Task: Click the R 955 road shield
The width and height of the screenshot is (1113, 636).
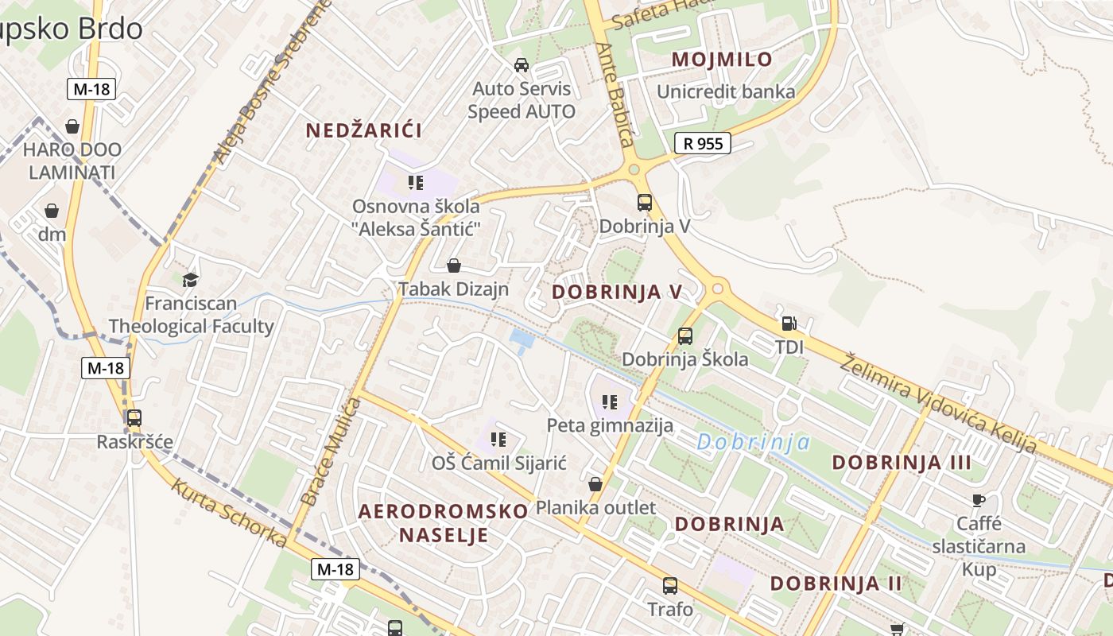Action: [703, 144]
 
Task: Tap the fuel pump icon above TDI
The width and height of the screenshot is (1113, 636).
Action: [789, 324]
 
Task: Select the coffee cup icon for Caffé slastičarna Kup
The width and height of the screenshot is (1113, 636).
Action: [979, 500]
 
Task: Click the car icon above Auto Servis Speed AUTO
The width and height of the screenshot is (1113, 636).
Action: [522, 65]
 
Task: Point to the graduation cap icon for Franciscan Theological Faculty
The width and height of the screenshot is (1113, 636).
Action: [190, 279]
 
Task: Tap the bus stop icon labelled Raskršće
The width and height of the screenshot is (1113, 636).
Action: [134, 417]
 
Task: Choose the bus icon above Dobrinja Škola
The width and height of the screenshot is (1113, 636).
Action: [685, 335]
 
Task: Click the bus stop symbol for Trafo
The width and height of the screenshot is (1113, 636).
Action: [670, 586]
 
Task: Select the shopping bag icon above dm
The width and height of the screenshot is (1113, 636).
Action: [52, 211]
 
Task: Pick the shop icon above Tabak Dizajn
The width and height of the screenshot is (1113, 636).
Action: [454, 266]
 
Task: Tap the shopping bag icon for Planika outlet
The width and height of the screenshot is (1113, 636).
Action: [595, 484]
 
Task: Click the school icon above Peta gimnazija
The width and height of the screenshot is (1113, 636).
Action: [610, 402]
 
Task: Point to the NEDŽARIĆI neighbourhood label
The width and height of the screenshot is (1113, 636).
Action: [364, 130]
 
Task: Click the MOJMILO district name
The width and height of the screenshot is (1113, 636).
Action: [722, 59]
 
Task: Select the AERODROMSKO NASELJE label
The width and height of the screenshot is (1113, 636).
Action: [443, 522]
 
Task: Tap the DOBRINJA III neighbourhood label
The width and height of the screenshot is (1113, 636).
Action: [902, 463]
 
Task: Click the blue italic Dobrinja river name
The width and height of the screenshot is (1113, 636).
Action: [753, 443]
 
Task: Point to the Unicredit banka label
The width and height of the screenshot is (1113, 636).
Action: [725, 91]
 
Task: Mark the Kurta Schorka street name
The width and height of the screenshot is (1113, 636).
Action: [229, 513]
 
